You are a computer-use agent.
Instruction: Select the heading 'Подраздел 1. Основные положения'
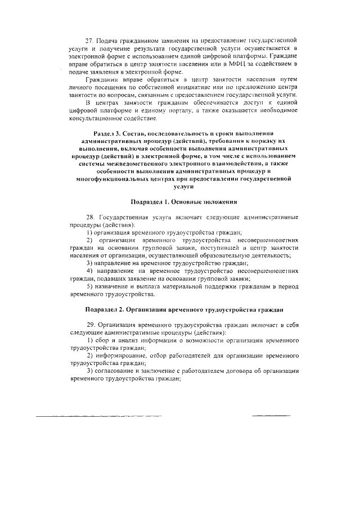(x=183, y=201)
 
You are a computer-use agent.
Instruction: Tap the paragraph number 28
(x=89, y=217)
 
